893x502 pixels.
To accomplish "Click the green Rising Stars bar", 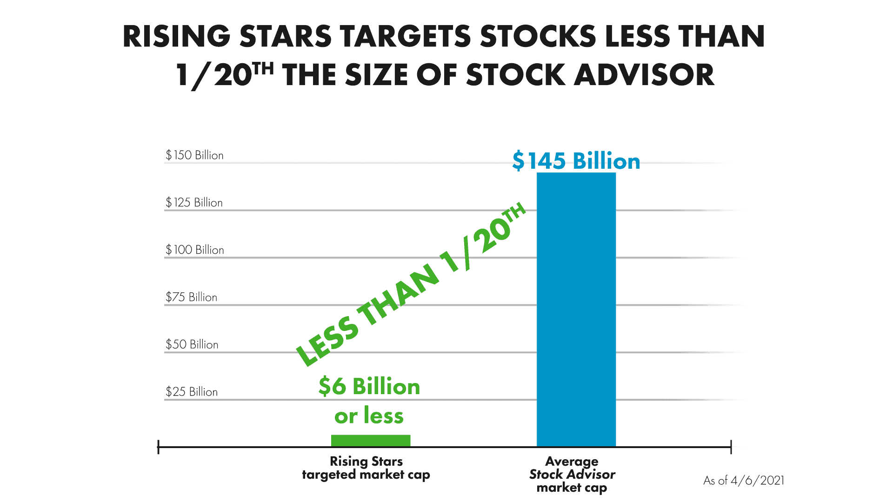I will click(x=371, y=440).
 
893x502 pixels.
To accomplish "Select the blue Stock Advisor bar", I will click(x=576, y=309).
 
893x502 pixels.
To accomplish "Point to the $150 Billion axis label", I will click(x=194, y=155).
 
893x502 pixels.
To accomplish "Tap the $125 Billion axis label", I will click(x=194, y=203).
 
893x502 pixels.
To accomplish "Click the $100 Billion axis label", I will click(x=194, y=250).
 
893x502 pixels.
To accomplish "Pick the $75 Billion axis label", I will click(x=191, y=297).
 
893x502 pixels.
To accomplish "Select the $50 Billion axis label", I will click(x=192, y=344).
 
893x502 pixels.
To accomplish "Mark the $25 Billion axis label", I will click(x=192, y=392).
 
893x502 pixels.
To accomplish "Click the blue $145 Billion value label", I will click(x=576, y=161).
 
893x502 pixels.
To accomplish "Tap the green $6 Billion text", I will click(x=369, y=386).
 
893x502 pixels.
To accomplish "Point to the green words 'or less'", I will click(x=369, y=416).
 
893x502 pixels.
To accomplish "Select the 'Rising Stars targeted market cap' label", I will click(x=366, y=468).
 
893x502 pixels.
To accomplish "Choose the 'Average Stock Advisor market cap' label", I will click(x=572, y=474).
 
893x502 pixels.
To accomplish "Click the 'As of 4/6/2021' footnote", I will click(x=744, y=481).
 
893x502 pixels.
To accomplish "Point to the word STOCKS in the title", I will click(x=538, y=36).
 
